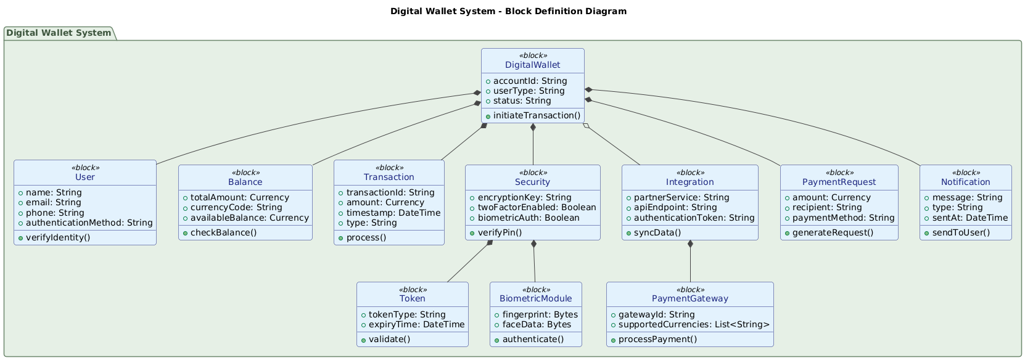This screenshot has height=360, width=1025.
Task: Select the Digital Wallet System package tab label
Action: [x=59, y=33]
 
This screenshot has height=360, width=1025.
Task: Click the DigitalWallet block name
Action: [x=532, y=65]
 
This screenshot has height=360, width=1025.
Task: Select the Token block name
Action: [x=412, y=298]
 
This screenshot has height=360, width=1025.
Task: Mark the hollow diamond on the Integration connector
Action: [x=586, y=126]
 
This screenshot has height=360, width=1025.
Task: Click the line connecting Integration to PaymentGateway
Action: [x=690, y=261]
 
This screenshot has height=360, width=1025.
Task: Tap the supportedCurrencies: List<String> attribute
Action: [x=694, y=324]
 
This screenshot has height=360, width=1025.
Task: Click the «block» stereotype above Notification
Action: [x=965, y=173]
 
